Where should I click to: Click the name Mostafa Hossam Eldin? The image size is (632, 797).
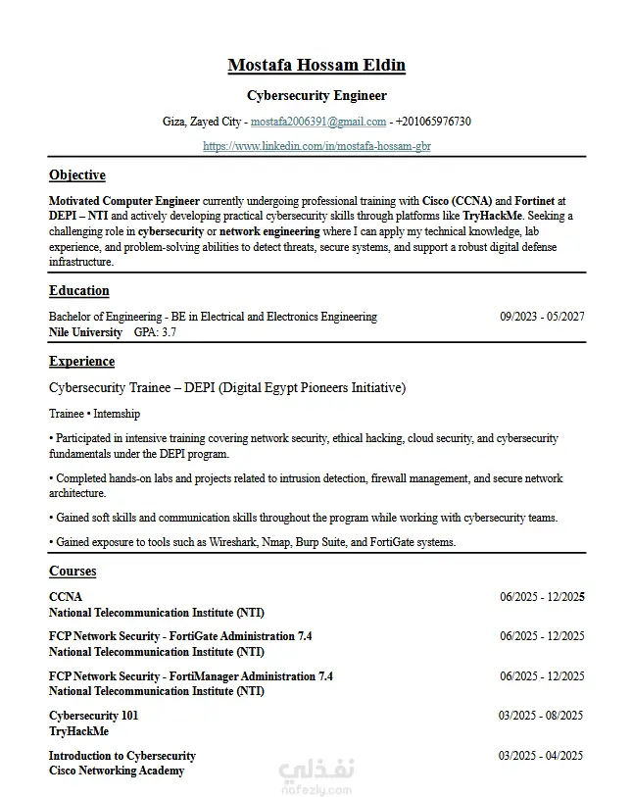point(316,66)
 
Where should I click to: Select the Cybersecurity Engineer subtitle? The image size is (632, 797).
point(316,96)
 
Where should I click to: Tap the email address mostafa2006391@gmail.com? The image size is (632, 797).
point(318,122)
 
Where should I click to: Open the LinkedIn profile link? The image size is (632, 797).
point(316,146)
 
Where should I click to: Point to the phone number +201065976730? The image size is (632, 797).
point(433,122)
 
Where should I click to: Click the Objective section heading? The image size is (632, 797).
point(77,175)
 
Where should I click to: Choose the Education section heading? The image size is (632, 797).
point(79,291)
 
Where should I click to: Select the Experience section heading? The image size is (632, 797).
point(81,362)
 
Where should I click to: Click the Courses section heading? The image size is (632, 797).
point(73,572)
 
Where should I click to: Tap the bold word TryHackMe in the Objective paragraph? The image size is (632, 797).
point(493,216)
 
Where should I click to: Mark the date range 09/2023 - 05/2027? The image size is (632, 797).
point(542,317)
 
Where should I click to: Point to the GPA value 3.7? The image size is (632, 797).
point(169,332)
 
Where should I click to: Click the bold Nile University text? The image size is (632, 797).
point(85,332)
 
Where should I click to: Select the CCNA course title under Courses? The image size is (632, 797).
point(66,597)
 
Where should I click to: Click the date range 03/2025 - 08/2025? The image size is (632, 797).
point(541,716)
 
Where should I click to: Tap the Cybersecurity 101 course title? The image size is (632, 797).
point(93,716)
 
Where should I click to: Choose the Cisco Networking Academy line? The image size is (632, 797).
point(117,771)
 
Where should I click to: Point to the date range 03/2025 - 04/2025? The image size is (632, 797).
point(541,756)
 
